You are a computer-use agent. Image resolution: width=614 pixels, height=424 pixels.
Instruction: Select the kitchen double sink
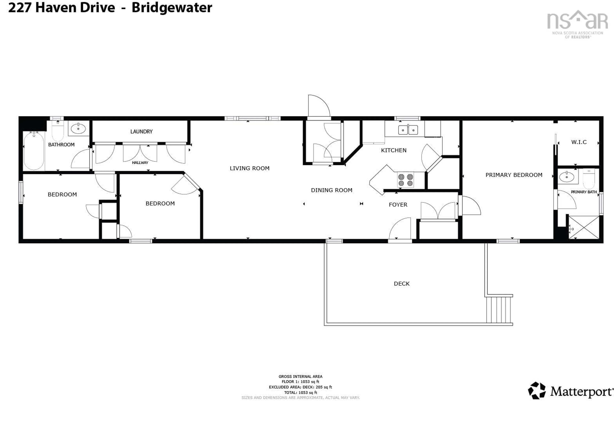pyautogui.click(x=408, y=130)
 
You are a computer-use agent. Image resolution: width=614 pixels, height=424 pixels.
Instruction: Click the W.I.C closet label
pyautogui.click(x=579, y=142)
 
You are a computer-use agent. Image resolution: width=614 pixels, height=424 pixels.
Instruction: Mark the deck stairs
pyautogui.click(x=499, y=309)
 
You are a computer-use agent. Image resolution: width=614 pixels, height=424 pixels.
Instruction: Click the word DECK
pyautogui.click(x=401, y=283)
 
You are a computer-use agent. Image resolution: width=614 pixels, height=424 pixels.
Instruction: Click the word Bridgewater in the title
pyautogui.click(x=172, y=8)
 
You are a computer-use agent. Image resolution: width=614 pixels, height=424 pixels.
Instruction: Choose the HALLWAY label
pyautogui.click(x=140, y=163)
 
